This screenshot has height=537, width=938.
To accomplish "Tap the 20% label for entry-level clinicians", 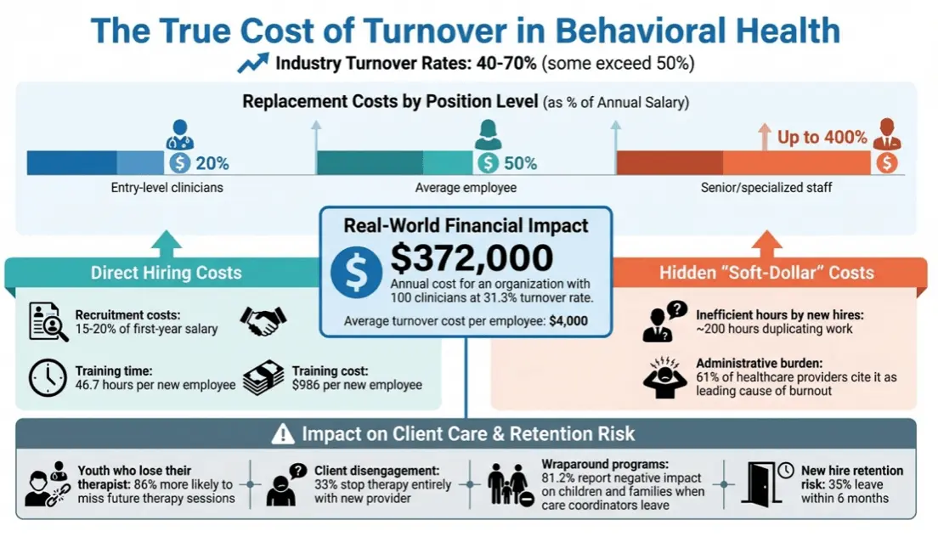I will point(212,163).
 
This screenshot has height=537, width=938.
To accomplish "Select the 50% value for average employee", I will point(520,163).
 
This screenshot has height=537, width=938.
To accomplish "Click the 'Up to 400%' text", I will point(822,137).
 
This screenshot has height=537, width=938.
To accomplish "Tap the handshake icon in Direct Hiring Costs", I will point(263,321).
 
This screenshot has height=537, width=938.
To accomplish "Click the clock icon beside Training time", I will point(48,378).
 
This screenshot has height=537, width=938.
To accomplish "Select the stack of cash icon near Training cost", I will point(263,379).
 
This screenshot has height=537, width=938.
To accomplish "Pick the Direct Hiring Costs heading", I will point(167,273).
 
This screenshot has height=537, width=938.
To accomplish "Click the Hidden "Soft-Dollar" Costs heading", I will point(767,273).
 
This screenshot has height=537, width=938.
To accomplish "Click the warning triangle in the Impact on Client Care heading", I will point(282,435).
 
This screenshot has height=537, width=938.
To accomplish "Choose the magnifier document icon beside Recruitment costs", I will point(48,322).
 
